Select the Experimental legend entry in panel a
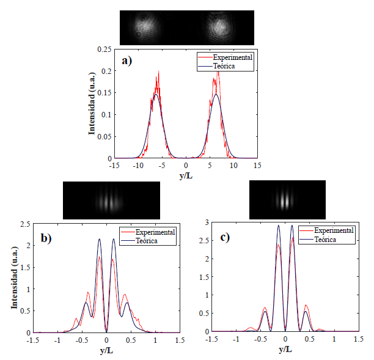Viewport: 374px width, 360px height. click(x=233, y=57)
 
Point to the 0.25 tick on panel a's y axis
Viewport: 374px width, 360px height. click(x=105, y=49)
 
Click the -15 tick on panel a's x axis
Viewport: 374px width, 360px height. click(x=114, y=165)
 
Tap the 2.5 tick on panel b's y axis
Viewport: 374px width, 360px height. click(x=24, y=224)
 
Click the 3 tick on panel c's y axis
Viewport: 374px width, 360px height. click(x=207, y=222)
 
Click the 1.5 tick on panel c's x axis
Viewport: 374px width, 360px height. click(x=357, y=339)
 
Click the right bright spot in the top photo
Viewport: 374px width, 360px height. click(x=219, y=27)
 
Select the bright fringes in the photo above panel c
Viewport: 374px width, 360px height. click(x=286, y=199)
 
